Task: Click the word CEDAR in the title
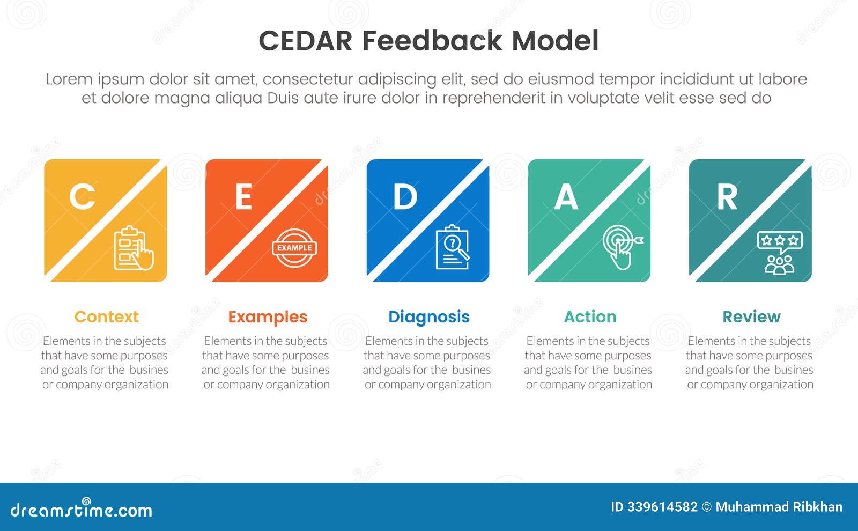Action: [x=305, y=41]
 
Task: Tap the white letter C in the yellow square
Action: [x=82, y=196]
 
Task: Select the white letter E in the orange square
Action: [x=243, y=196]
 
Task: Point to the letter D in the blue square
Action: [x=405, y=196]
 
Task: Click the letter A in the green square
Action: [x=566, y=196]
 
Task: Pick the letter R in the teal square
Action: [x=727, y=196]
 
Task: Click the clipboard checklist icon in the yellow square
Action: [x=133, y=248]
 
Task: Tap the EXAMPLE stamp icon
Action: [x=294, y=248]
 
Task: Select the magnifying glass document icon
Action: [x=453, y=247]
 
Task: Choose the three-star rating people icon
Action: [x=780, y=252]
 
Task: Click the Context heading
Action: [x=106, y=317]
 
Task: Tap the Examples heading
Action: [x=268, y=317]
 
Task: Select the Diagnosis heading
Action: [x=429, y=317]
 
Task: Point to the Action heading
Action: [x=590, y=317]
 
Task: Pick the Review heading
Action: [x=751, y=317]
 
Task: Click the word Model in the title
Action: [x=555, y=41]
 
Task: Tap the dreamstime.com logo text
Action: [x=82, y=510]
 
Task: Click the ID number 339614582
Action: [x=662, y=507]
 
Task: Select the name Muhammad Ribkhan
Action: [x=779, y=507]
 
